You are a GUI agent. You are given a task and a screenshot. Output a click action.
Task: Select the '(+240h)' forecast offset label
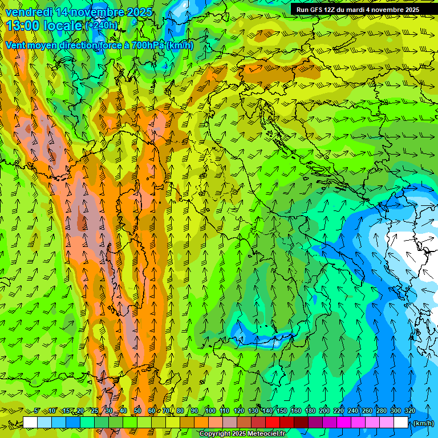pyautogui.click(x=102, y=25)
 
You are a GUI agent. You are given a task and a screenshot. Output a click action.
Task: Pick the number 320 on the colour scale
pyautogui.click(x=410, y=411)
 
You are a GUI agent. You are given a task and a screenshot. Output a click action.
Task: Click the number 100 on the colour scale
pyautogui.click(x=210, y=411)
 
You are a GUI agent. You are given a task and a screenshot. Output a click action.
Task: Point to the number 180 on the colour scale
pyautogui.click(x=310, y=411)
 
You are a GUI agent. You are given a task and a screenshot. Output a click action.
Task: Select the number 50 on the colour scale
pyautogui.click(x=137, y=411)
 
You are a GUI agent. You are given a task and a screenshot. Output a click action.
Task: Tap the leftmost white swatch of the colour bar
pyautogui.click(x=30, y=423)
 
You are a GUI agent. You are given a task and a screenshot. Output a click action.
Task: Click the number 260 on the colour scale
pyautogui.click(x=367, y=411)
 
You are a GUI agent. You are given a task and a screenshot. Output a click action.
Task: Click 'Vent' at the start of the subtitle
pyautogui.click(x=16, y=45)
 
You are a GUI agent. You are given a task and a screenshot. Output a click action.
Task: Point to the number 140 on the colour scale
pyautogui.click(x=267, y=411)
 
